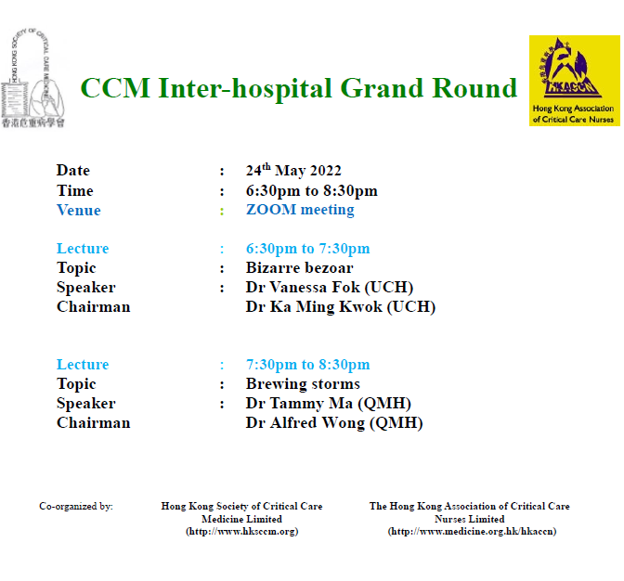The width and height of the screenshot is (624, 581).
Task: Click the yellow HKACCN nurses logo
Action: (x=574, y=81)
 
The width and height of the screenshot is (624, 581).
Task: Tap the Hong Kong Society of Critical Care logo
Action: (x=32, y=78)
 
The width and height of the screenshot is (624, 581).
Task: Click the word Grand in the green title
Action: (x=382, y=88)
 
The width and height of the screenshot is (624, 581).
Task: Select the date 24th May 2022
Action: (x=293, y=170)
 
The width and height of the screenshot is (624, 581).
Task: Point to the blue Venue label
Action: (x=78, y=210)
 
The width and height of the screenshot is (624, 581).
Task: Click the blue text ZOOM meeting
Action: (x=300, y=210)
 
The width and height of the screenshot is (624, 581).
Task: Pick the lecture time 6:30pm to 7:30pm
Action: (x=307, y=249)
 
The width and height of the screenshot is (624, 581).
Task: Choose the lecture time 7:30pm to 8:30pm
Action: (x=307, y=364)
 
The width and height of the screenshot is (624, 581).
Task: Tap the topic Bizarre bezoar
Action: (x=299, y=267)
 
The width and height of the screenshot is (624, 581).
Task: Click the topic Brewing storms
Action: (x=303, y=383)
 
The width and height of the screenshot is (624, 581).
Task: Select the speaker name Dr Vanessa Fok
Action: (x=303, y=287)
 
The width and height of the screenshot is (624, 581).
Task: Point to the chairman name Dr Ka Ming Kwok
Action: (x=314, y=306)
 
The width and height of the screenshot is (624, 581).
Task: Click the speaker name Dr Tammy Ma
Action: (x=299, y=403)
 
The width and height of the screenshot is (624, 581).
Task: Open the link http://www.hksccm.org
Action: (x=242, y=531)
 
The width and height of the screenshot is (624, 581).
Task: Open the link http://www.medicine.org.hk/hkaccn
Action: (x=472, y=531)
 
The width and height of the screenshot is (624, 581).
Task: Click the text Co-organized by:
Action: (x=76, y=506)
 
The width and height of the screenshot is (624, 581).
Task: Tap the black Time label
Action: (x=75, y=190)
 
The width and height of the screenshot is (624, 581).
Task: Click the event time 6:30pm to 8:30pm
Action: (x=312, y=191)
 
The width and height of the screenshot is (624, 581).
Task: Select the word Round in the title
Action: (x=474, y=88)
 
